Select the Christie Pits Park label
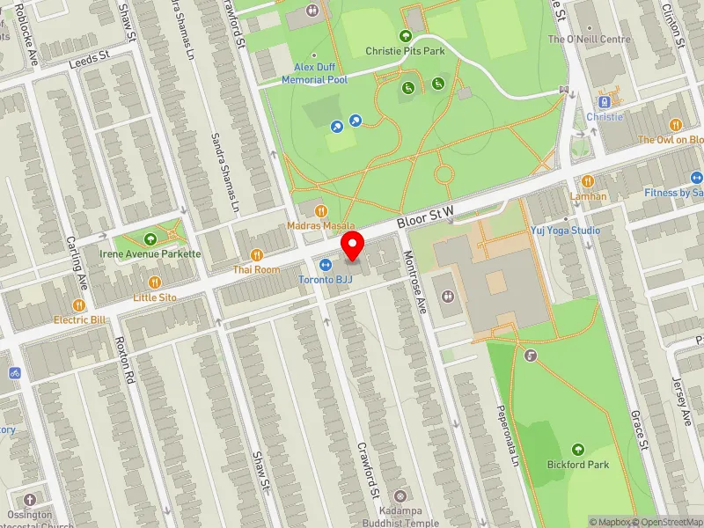coord(406,51)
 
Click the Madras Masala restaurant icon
coord(321,211)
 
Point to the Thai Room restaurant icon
coord(257,254)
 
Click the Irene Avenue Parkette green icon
coord(150,238)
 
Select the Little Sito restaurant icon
coord(155,282)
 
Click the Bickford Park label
coord(577,464)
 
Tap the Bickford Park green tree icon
coord(578,449)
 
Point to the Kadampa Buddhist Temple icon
coord(401,496)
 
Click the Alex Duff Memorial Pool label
coord(314,74)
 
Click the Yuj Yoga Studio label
coord(565,231)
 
